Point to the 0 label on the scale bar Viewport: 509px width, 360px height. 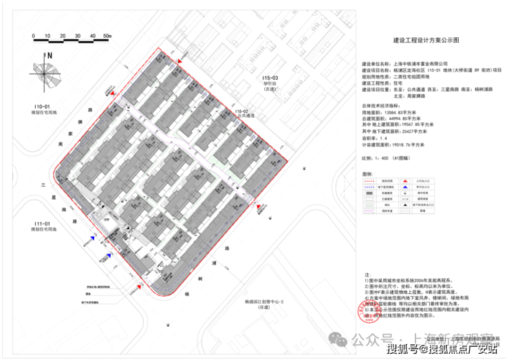coord(30,34)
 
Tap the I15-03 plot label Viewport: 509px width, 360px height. coord(271,80)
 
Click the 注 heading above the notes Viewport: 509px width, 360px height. coord(367,273)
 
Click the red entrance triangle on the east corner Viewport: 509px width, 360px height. coord(259,207)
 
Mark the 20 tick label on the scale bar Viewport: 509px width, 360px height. coord(60,34)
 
